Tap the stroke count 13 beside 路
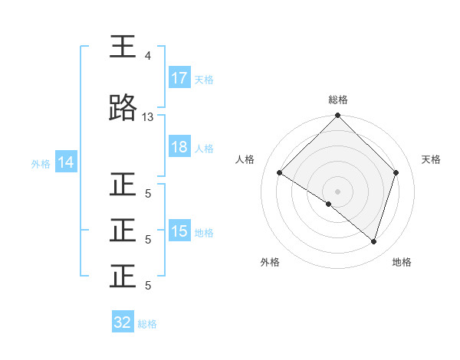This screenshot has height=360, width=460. click(x=148, y=116)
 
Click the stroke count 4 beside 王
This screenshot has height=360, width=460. click(x=148, y=56)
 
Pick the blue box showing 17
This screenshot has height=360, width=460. click(x=179, y=78)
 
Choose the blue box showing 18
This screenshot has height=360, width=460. click(x=179, y=147)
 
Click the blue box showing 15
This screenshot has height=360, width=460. click(x=179, y=232)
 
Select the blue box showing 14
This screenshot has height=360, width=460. click(x=66, y=162)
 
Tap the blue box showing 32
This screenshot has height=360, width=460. click(x=123, y=322)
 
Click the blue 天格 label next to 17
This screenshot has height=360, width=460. click(x=204, y=79)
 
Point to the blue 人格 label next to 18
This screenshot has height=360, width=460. click(x=204, y=148)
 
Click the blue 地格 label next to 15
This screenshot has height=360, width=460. click(x=204, y=233)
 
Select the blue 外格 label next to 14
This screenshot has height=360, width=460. click(x=41, y=163)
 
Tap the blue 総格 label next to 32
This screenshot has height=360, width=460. click(x=147, y=323)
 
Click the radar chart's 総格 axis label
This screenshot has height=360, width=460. click(x=337, y=100)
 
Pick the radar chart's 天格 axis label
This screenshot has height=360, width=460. click(x=432, y=159)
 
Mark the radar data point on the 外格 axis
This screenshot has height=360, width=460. click(x=329, y=204)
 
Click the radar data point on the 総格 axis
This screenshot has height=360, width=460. click(x=337, y=116)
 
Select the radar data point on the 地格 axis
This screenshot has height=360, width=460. click(x=373, y=241)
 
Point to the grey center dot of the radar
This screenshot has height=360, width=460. click(x=337, y=191)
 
